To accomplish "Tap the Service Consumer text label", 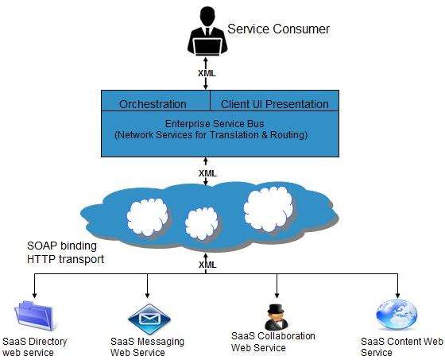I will click(278, 29).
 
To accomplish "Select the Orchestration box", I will click(153, 104).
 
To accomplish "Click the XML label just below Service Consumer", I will click(207, 73).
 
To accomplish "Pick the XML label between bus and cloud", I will click(207, 172).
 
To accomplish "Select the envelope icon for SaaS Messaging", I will click(149, 317).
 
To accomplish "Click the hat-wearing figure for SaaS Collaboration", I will click(276, 315).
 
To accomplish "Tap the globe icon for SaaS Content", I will click(397, 315).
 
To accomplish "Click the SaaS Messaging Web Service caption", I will click(147, 346).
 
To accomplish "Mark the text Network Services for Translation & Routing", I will click(211, 136).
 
